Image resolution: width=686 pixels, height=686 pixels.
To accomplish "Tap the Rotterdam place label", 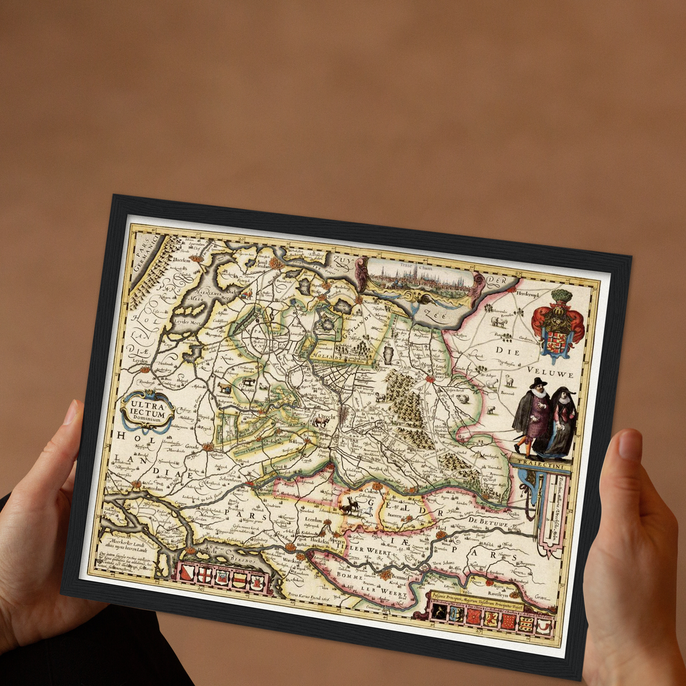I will pyautogui.click(x=151, y=489).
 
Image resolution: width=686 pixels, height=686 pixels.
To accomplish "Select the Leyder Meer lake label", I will pyautogui.click(x=188, y=322).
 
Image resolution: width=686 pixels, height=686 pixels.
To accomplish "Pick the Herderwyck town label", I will pyautogui.click(x=529, y=294).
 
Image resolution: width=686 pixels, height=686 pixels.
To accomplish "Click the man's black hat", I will pyautogui.click(x=539, y=383).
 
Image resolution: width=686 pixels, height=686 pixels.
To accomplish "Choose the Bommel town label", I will pyautogui.click(x=400, y=577).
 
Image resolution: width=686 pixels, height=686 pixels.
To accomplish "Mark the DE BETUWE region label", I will pyautogui.click(x=488, y=522).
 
